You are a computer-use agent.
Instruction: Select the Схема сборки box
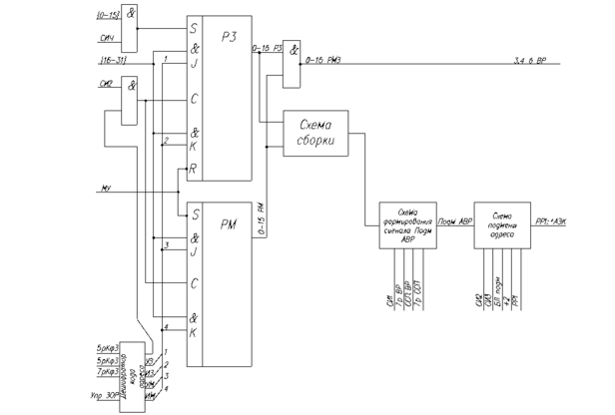[x=315, y=133]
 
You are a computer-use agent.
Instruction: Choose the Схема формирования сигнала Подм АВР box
[x=407, y=222]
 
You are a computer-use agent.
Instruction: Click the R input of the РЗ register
[x=192, y=170]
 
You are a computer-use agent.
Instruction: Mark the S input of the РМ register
[x=192, y=213]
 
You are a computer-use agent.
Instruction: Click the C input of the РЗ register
[x=192, y=98]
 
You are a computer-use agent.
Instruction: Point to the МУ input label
[x=105, y=188]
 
